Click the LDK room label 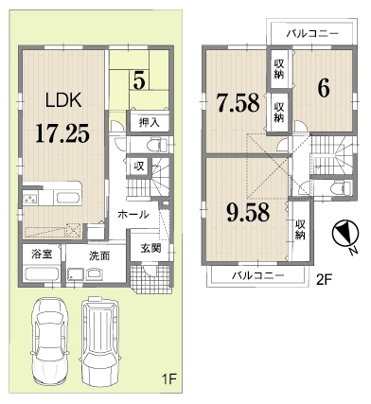pyautogui.click(x=63, y=100)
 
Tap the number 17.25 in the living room pyautogui.click(x=62, y=133)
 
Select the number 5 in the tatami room pyautogui.click(x=139, y=80)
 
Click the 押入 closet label pyautogui.click(x=150, y=123)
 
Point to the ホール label pyautogui.click(x=133, y=215)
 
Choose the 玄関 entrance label pyautogui.click(x=150, y=248)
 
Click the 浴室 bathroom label pyautogui.click(x=42, y=254)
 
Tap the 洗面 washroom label pyautogui.click(x=99, y=256)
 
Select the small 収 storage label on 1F pyautogui.click(x=138, y=166)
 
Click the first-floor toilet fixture pyautogui.click(x=157, y=145)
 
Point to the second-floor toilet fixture pyautogui.click(x=342, y=188)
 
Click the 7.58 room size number pyautogui.click(x=238, y=103)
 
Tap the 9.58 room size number pyautogui.click(x=248, y=213)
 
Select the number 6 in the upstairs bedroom pyautogui.click(x=324, y=87)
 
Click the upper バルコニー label pyautogui.click(x=312, y=33)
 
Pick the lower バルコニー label pyautogui.click(x=258, y=276)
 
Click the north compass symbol pyautogui.click(x=345, y=234)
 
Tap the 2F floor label pyautogui.click(x=323, y=279)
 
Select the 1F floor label pyautogui.click(x=169, y=378)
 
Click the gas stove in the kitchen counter pyautogui.click(x=30, y=199)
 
